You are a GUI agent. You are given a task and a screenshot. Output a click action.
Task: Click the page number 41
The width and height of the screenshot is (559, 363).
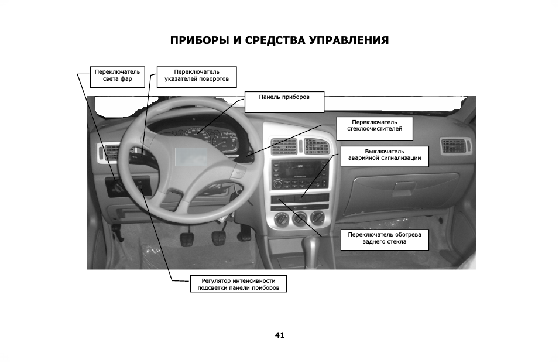(279, 335)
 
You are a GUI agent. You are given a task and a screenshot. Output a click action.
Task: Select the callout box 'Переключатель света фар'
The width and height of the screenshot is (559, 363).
(117, 77)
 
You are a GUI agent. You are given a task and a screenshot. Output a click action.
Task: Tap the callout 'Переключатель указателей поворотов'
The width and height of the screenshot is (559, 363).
(197, 77)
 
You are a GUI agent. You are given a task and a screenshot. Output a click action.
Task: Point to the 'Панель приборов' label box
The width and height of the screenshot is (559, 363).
(284, 101)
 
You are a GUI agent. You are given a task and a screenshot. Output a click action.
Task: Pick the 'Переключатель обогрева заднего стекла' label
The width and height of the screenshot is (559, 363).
(385, 239)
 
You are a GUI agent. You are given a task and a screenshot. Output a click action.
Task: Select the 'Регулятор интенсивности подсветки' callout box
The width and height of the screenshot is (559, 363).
(238, 285)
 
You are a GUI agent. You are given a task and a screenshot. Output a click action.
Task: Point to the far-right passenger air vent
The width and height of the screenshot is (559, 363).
(457, 146)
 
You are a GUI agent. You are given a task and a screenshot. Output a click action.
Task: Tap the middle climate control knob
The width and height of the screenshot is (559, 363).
(300, 220)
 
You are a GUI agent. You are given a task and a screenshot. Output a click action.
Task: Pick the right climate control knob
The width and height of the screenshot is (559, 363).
(318, 218)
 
